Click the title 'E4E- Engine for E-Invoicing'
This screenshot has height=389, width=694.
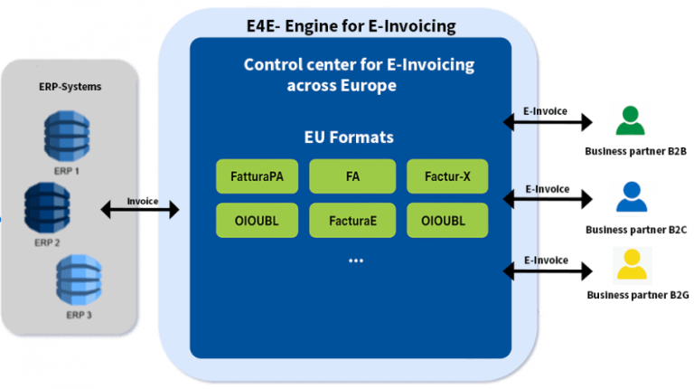tap(351, 25)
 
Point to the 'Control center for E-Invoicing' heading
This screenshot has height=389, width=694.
tap(359, 65)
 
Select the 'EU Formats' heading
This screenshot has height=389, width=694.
tap(348, 138)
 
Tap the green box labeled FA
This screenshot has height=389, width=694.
tap(352, 176)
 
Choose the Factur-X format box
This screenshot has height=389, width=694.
tap(447, 176)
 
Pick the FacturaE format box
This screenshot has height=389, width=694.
tap(352, 221)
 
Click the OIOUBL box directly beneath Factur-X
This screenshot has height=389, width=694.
tap(447, 221)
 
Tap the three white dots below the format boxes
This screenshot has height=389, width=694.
tap(355, 261)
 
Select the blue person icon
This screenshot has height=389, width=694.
tap(630, 195)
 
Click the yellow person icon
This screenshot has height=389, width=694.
tap(630, 264)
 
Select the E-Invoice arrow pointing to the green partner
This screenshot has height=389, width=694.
tap(547, 120)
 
